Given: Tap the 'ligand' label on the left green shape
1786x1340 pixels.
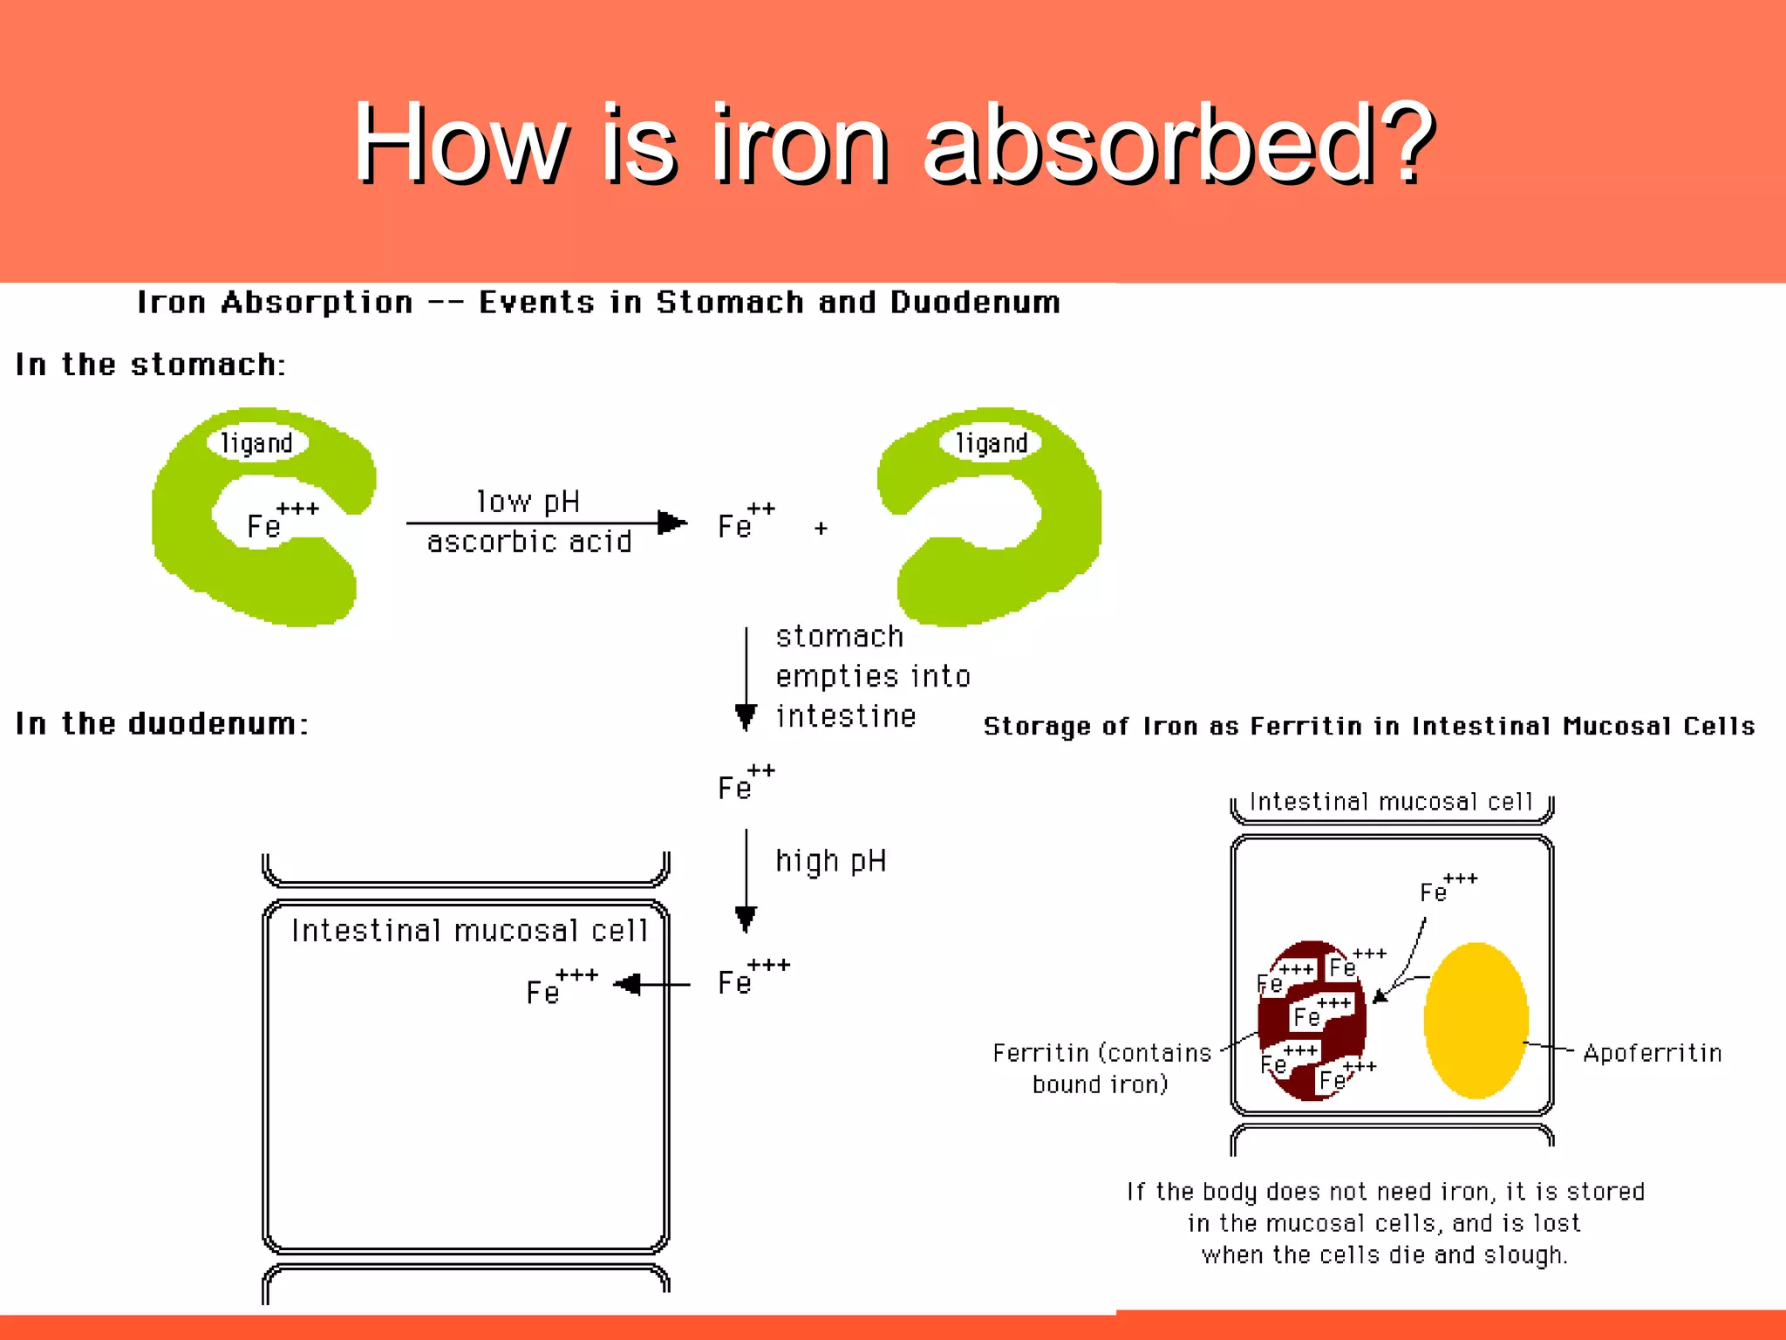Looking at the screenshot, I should click(x=256, y=443).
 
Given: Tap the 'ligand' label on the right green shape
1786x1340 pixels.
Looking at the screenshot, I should click(x=992, y=443).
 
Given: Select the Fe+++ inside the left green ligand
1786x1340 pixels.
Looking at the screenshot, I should click(x=281, y=521).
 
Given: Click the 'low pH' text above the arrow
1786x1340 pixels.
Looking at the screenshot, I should click(x=528, y=502).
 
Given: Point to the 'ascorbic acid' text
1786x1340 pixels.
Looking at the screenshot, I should click(x=529, y=543).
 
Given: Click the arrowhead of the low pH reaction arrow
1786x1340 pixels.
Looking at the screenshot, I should click(x=671, y=523).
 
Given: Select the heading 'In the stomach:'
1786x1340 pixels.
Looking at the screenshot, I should click(x=150, y=365).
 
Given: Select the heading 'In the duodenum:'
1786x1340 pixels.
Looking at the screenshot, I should click(x=162, y=724).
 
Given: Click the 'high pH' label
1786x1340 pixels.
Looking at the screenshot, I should click(x=831, y=861).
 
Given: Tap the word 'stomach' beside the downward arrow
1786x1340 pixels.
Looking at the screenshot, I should click(x=839, y=637).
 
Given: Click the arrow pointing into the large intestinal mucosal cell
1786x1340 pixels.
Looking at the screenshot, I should click(x=650, y=985).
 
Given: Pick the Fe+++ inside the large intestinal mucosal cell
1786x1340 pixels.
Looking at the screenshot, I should click(x=561, y=988).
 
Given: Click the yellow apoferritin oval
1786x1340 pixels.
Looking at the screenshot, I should click(x=1476, y=1020).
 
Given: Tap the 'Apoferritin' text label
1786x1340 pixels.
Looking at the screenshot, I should click(x=1652, y=1054).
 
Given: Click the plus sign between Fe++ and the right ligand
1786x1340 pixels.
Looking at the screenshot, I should click(x=821, y=528).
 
